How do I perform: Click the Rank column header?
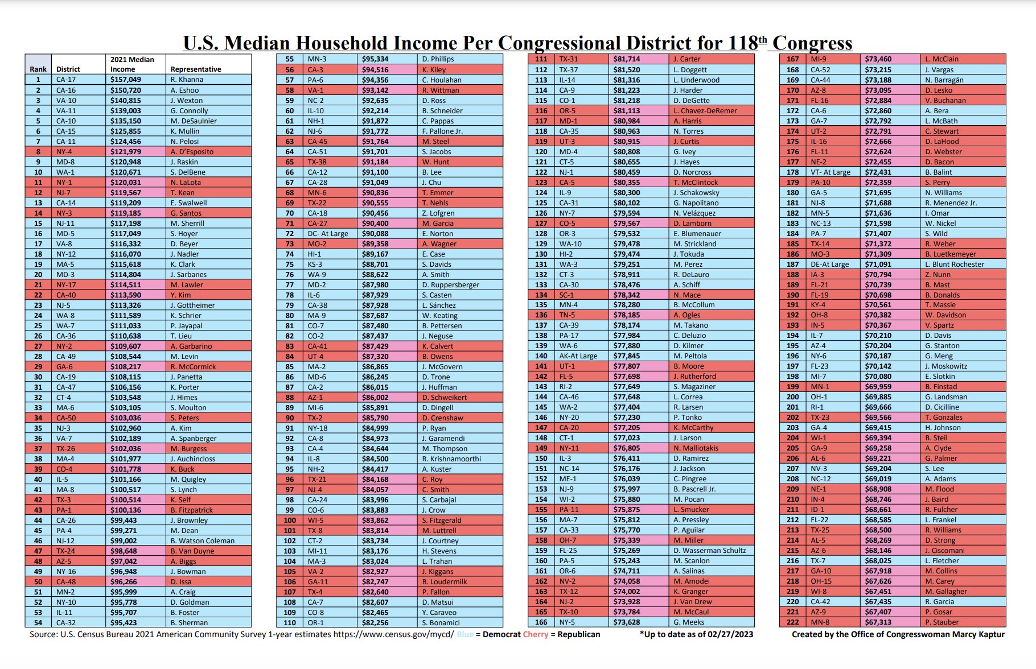38,69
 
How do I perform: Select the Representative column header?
196,69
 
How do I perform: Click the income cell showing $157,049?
125,80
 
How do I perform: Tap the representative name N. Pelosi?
184,141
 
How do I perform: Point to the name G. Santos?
186,213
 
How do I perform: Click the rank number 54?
38,622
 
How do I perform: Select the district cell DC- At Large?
328,233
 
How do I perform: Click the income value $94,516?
375,69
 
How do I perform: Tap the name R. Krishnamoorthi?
451,459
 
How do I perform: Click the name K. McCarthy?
693,427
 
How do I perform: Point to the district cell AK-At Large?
578,356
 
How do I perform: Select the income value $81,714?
627,59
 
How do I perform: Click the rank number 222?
793,622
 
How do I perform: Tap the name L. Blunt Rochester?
955,264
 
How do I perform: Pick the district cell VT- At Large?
831,172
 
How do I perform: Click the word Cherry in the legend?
535,634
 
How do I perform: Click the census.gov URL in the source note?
393,634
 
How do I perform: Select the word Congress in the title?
812,43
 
